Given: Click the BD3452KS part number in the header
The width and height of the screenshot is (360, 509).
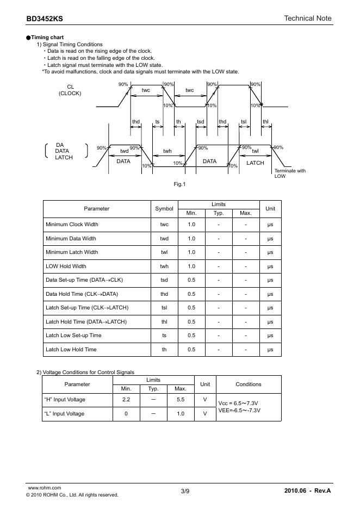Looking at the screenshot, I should [45, 18].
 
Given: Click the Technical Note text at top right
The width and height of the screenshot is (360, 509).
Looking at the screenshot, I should [307, 18].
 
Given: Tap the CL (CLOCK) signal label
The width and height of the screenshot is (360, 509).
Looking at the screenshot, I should [70, 90].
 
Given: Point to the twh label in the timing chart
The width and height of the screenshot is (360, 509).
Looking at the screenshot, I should [167, 151].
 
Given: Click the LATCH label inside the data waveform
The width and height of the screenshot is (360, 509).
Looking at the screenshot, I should [255, 163].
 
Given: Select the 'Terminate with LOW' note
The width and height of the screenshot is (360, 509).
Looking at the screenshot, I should [290, 173].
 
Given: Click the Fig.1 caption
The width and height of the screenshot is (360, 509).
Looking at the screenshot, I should [179, 184].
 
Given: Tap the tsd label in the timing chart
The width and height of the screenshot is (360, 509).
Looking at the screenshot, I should [201, 121].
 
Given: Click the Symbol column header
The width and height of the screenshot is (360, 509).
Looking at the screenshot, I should [164, 208].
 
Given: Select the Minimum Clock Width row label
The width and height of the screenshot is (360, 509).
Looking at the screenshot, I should [72, 225].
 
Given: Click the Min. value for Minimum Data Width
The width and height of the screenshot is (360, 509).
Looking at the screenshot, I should [191, 238].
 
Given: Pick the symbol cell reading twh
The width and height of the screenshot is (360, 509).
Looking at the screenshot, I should [164, 266].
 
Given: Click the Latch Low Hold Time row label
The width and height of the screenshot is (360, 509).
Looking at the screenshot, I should [71, 349].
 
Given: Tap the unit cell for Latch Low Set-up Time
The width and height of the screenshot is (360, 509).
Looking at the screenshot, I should [270, 336].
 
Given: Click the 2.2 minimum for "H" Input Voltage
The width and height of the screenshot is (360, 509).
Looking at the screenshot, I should [126, 400].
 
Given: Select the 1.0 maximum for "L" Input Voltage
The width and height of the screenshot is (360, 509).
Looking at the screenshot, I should [181, 414].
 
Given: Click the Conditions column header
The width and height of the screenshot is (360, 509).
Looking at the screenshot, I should [249, 384].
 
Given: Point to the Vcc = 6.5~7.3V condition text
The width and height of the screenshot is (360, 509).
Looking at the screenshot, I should [239, 404].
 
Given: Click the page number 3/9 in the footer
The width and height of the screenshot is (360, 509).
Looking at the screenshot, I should [185, 492].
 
